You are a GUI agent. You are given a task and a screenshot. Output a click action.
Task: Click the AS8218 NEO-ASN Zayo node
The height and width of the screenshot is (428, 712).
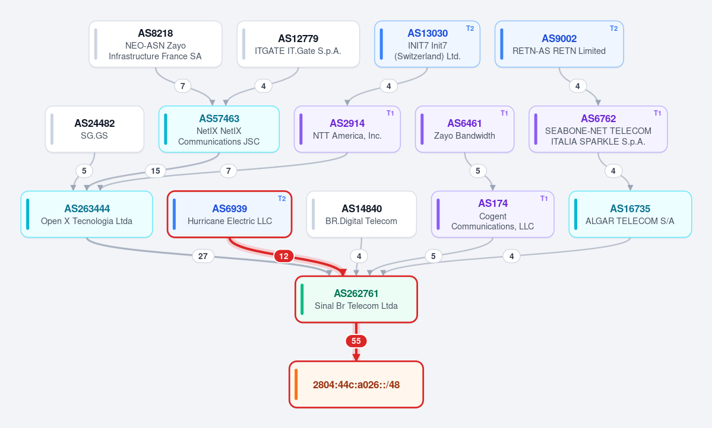pyautogui.click(x=156, y=44)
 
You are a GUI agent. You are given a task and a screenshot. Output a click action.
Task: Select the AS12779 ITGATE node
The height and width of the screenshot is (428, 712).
pyautogui.click(x=298, y=44)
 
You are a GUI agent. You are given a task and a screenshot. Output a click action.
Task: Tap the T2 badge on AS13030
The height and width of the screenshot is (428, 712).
pyautogui.click(x=470, y=28)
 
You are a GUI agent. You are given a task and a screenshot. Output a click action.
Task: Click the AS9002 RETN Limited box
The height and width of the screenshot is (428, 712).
pyautogui.click(x=559, y=44)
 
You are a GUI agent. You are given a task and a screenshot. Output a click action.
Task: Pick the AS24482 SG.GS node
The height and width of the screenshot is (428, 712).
pyautogui.click(x=94, y=129)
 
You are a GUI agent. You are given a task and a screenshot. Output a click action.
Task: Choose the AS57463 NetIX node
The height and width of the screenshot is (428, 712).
pyautogui.click(x=219, y=129)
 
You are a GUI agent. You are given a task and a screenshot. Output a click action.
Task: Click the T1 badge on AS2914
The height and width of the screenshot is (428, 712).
pyautogui.click(x=390, y=113)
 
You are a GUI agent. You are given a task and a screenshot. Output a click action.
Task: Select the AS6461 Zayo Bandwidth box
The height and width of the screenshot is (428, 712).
pyautogui.click(x=464, y=129)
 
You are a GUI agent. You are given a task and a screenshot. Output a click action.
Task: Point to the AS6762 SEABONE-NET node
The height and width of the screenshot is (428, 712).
pyautogui.click(x=598, y=129)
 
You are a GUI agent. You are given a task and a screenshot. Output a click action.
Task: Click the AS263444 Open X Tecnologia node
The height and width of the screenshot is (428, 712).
pyautogui.click(x=87, y=214)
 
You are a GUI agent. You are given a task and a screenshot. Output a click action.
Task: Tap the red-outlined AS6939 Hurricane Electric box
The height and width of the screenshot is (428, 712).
pyautogui.click(x=229, y=214)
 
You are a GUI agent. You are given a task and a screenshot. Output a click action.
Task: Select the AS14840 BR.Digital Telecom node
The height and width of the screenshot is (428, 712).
pyautogui.click(x=362, y=214)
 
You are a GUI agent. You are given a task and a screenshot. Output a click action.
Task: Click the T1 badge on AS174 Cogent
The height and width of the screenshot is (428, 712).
pyautogui.click(x=544, y=199)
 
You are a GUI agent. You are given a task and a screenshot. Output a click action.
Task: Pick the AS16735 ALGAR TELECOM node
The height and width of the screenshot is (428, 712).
pyautogui.click(x=630, y=214)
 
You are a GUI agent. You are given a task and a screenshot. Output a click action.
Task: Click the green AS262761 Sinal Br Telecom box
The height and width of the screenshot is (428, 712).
pyautogui.click(x=356, y=299)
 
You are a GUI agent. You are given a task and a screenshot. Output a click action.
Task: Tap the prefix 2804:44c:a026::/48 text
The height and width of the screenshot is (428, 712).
pyautogui.click(x=356, y=385)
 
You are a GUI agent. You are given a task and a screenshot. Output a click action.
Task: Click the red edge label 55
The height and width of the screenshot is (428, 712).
pyautogui.click(x=356, y=341)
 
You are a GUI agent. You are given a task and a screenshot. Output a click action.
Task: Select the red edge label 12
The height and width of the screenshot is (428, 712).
pyautogui.click(x=284, y=256)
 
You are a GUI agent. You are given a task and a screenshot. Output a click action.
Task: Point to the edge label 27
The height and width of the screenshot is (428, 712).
pyautogui.click(x=203, y=256)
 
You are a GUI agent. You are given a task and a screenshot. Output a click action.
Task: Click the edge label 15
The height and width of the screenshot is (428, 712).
pyautogui.click(x=156, y=171)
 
